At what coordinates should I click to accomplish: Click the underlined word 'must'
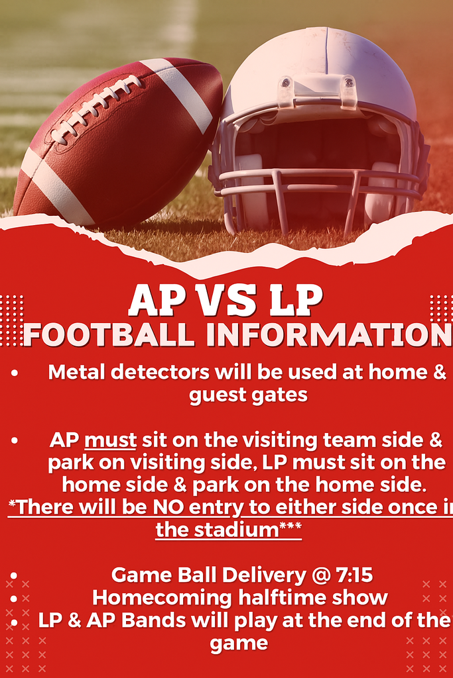pos(111,440)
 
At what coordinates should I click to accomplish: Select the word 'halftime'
pos(269,597)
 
